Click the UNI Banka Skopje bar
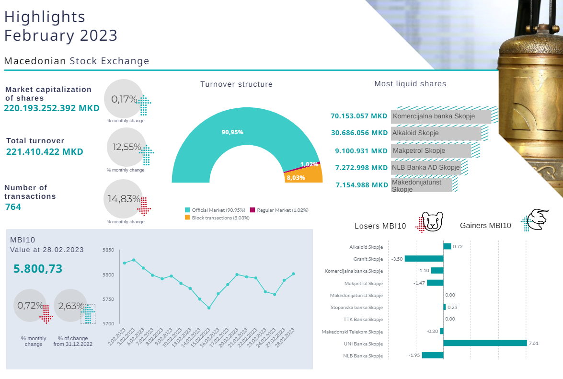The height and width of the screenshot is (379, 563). [x=485, y=343]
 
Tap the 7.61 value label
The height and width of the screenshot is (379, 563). [x=534, y=344]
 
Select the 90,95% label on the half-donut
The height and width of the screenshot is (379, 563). [x=232, y=132]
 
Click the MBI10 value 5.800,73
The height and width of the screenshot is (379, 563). [x=38, y=269]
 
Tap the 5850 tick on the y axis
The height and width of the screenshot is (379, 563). [x=108, y=250]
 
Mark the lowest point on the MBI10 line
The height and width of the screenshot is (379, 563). [x=209, y=308]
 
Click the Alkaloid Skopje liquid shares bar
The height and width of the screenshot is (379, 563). [x=436, y=133]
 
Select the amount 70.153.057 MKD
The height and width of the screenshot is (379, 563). [x=359, y=116]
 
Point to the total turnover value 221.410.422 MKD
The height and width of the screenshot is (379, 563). [x=45, y=152]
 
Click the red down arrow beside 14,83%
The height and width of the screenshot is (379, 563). [x=144, y=206]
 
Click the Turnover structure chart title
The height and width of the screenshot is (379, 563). [x=236, y=84]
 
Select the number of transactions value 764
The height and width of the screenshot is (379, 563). [x=13, y=207]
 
